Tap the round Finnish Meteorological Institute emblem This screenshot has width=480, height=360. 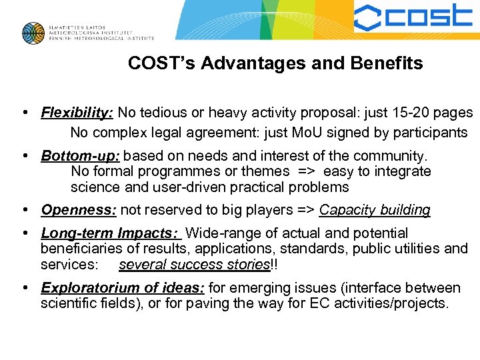(33, 33)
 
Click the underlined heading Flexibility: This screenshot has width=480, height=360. (77, 113)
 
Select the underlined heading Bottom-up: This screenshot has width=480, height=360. (80, 156)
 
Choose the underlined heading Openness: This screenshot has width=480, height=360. (79, 210)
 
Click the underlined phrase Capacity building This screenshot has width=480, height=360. (375, 210)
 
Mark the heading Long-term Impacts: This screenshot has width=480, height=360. (110, 233)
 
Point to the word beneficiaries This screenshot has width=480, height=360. (81, 249)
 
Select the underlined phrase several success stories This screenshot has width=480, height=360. (194, 265)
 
